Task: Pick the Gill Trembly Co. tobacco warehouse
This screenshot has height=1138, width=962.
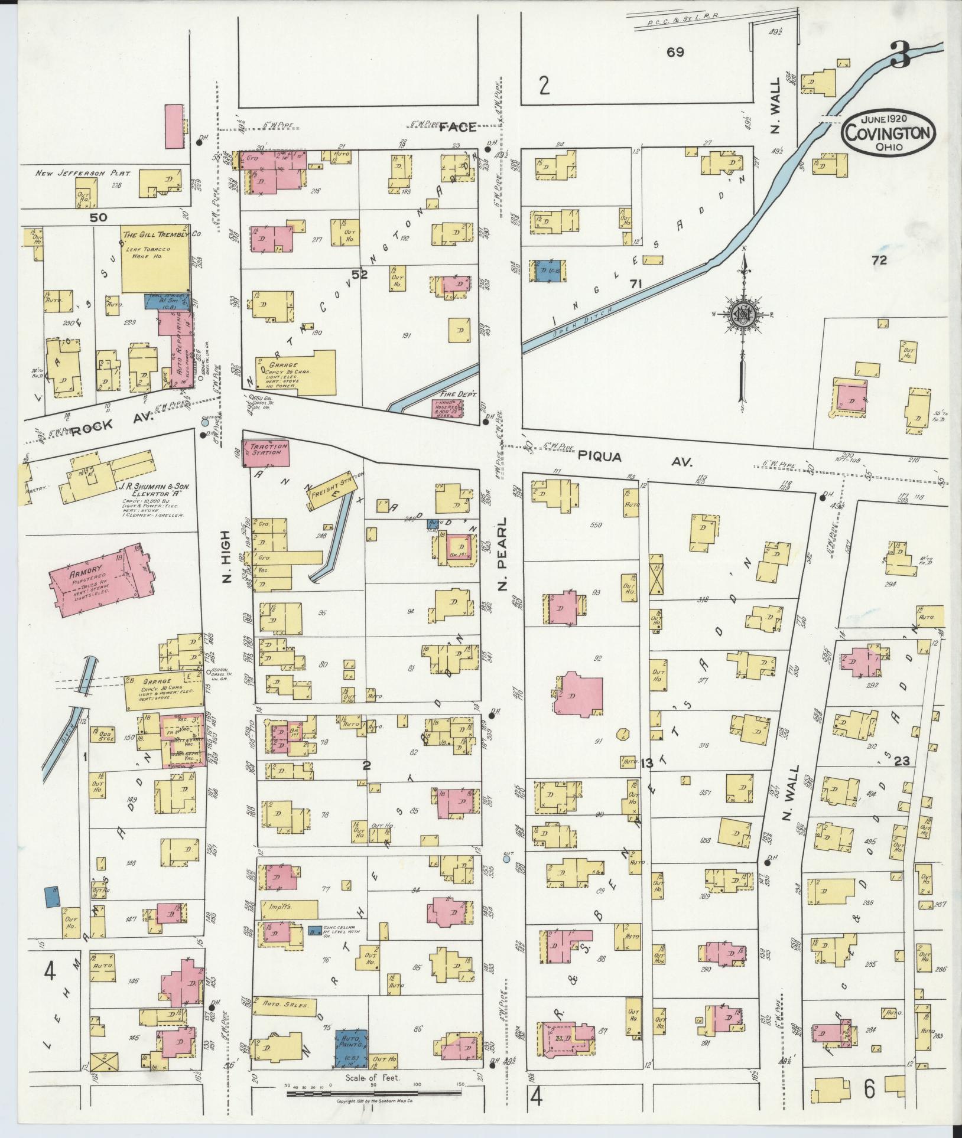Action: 156,258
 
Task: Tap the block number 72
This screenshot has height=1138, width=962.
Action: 879,260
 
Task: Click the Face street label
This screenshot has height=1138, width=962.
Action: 458,127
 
